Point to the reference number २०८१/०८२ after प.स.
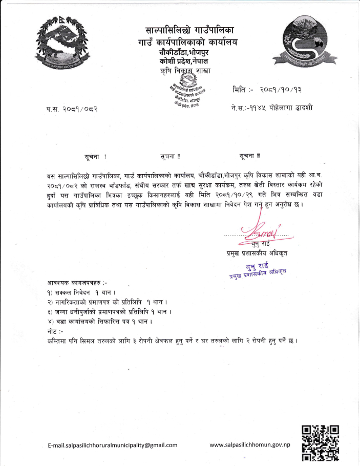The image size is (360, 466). (x=79, y=109)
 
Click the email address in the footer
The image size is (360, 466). (x=113, y=445)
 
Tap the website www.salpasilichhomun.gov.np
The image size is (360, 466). (x=250, y=444)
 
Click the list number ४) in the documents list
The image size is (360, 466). (x=50, y=321)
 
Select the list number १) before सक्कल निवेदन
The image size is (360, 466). (x=49, y=292)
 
